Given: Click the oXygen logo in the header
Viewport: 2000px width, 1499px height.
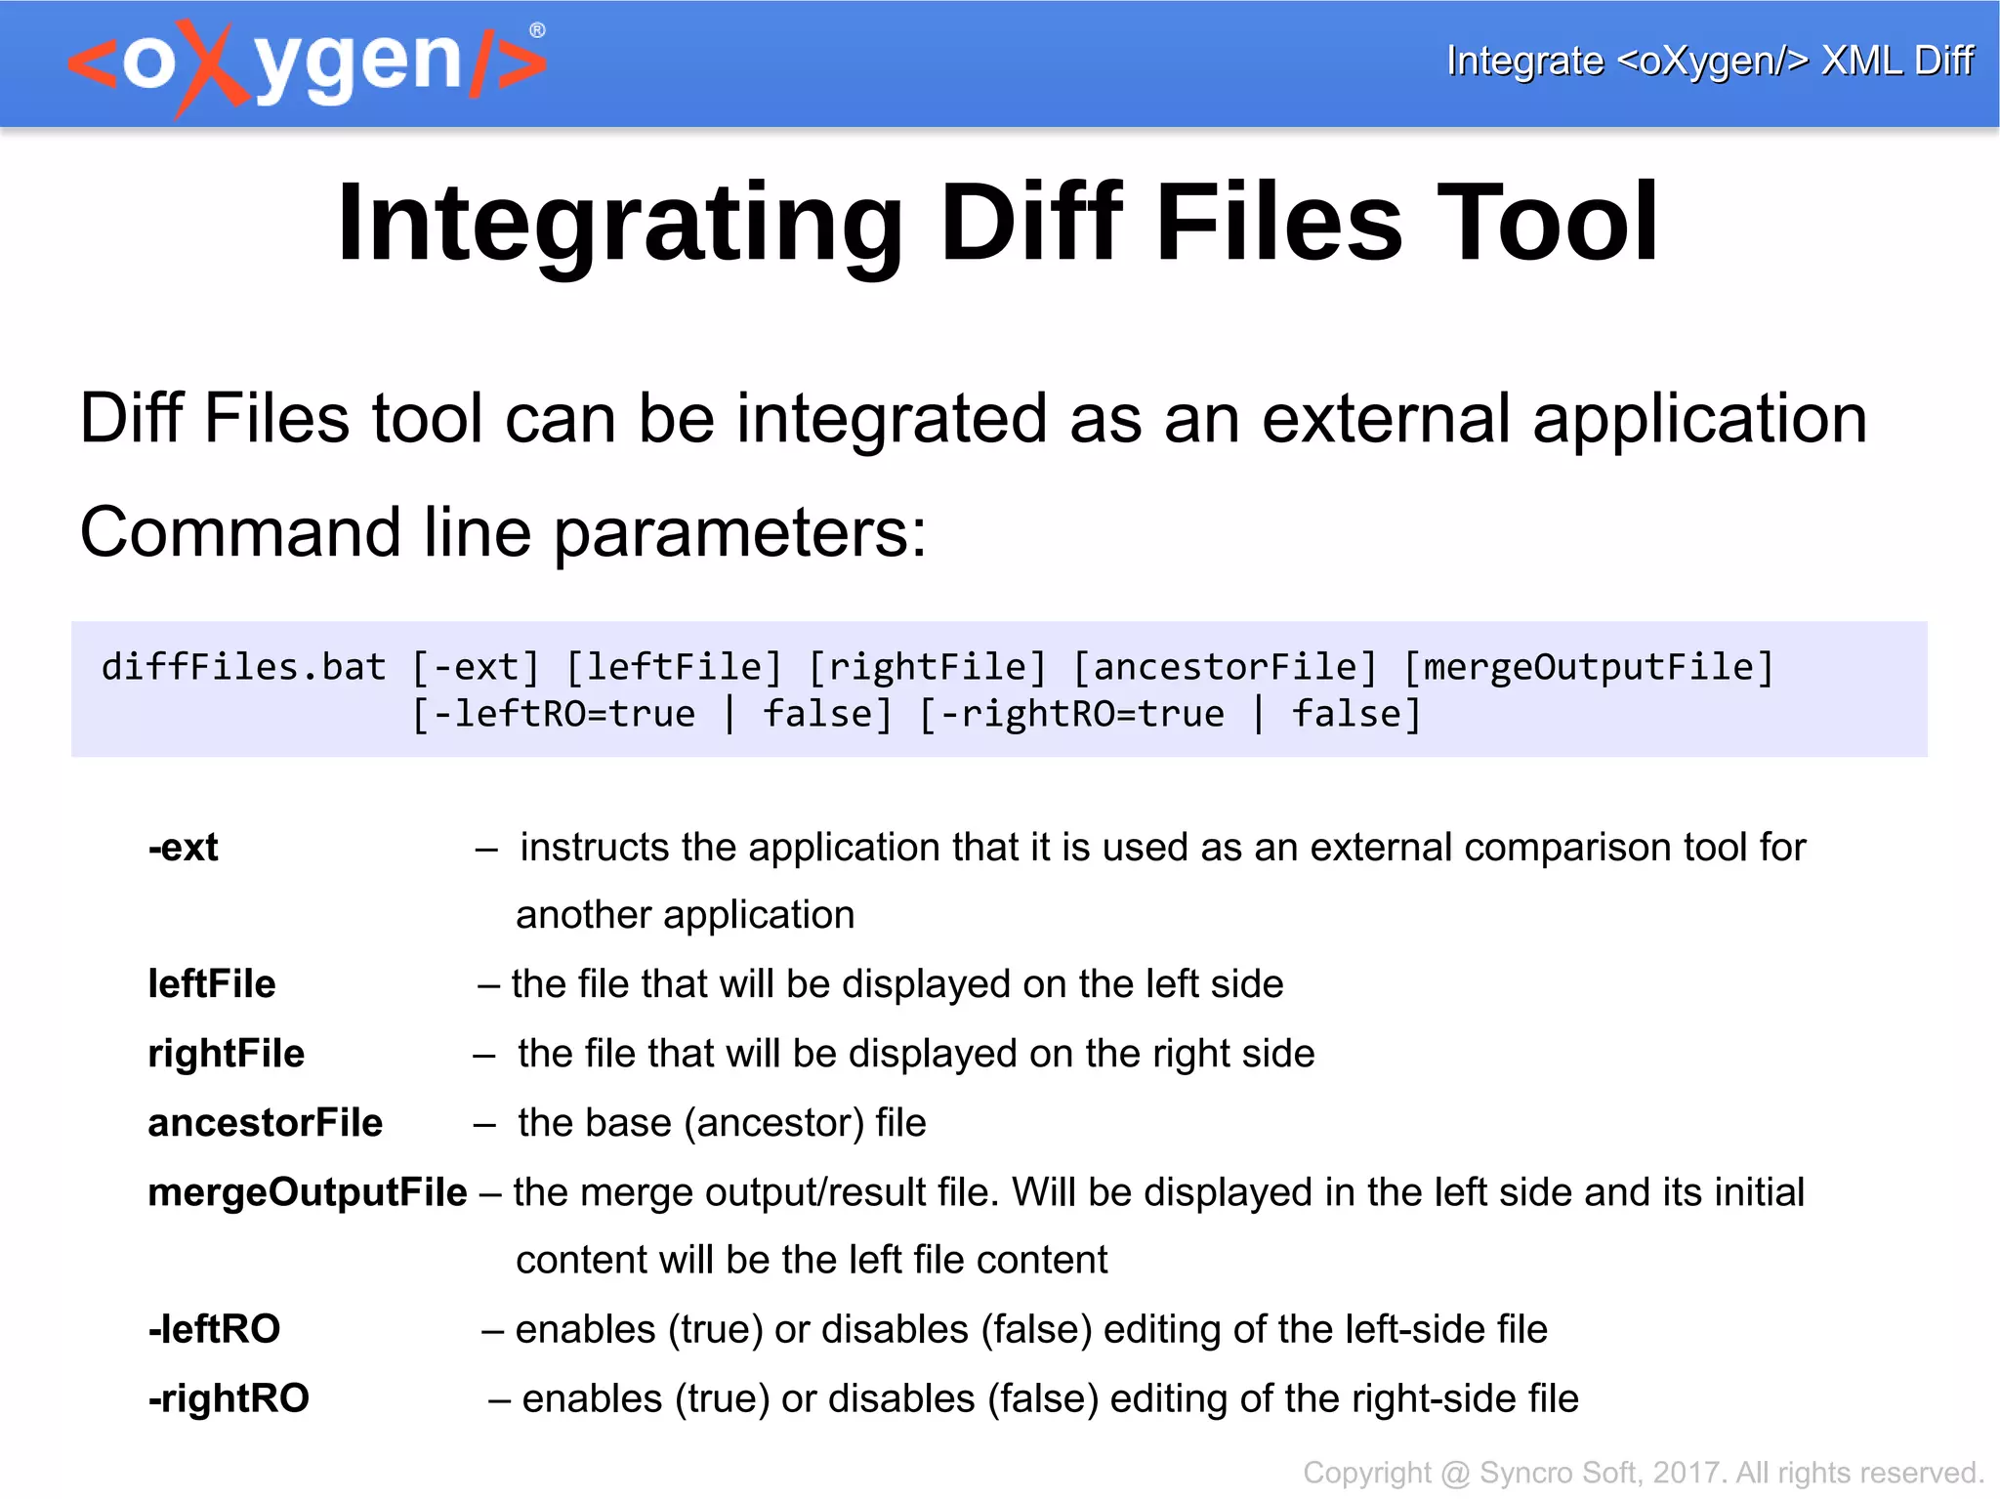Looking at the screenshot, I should (x=305, y=64).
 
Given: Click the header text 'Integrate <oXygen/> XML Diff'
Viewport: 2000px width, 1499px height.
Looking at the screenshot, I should (x=1709, y=61).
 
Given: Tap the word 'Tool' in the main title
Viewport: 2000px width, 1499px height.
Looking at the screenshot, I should (x=1547, y=224).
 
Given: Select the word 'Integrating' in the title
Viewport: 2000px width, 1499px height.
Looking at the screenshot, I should (x=619, y=224).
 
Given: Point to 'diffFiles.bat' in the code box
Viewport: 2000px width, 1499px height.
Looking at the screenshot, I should (x=244, y=667).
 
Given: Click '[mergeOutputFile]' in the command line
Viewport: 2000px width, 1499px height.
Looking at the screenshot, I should (x=1588, y=667).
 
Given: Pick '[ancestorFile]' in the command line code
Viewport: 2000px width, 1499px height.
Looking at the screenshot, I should (x=1225, y=667).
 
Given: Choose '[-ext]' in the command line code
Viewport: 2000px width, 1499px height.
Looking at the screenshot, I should (x=476, y=667).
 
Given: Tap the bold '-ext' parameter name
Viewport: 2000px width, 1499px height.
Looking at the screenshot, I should (x=184, y=848).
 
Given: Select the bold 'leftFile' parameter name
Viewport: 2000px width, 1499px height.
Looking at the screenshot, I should (x=212, y=984).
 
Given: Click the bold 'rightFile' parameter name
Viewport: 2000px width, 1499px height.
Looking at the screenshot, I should (x=227, y=1054).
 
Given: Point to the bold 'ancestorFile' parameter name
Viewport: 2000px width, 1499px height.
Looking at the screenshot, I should (x=266, y=1123).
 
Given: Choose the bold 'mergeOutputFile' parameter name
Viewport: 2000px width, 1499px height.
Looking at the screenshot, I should (x=308, y=1192).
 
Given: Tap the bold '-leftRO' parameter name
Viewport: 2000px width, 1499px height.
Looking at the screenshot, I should (x=215, y=1329).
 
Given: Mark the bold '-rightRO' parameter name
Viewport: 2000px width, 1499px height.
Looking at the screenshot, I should (x=229, y=1398).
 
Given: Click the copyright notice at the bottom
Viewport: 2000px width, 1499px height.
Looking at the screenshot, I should (x=1643, y=1473).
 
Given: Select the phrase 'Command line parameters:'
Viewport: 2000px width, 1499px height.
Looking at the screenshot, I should (x=503, y=533).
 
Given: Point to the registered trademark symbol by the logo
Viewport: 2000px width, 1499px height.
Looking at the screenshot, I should (x=537, y=30).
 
